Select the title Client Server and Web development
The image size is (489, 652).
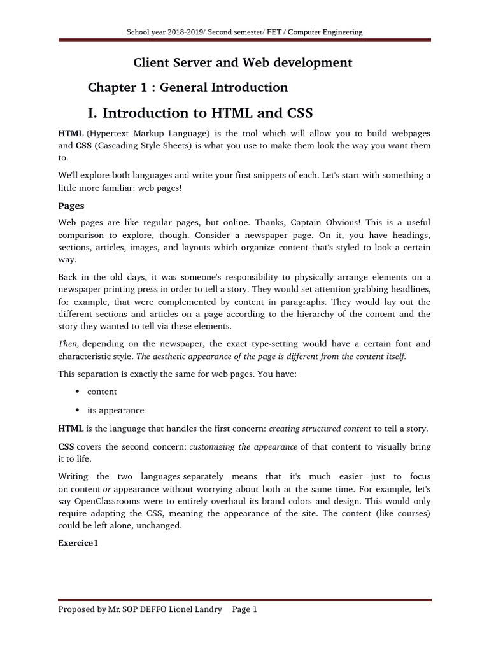[242, 62]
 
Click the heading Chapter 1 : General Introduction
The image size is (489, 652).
[187, 87]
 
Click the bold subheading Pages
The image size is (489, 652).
[71, 206]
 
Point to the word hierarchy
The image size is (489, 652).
[300, 314]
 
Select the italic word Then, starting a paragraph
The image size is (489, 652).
[68, 344]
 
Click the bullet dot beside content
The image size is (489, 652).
[77, 392]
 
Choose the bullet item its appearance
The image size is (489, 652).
[115, 411]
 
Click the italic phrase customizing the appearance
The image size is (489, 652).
[243, 446]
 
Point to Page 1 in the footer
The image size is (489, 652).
[244, 609]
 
